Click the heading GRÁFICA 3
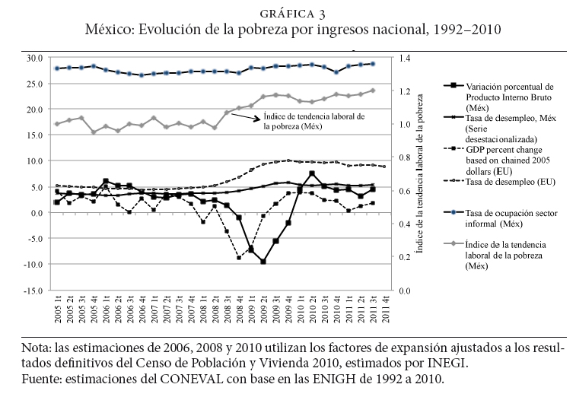287,13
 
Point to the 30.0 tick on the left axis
33,58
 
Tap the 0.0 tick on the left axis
37,212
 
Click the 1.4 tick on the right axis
403,58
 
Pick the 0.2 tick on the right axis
403,257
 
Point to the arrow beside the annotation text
243,116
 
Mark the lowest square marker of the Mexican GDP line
263,262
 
